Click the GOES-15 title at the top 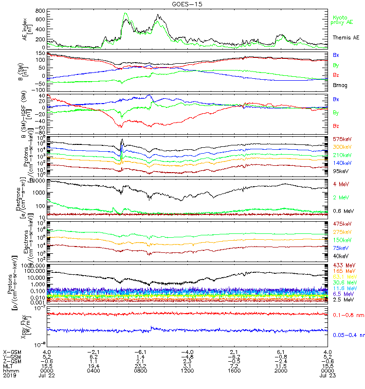[183, 4]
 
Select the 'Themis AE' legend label [346, 37]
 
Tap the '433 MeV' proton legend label [342, 265]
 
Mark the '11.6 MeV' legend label [343, 288]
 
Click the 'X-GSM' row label [11, 352]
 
